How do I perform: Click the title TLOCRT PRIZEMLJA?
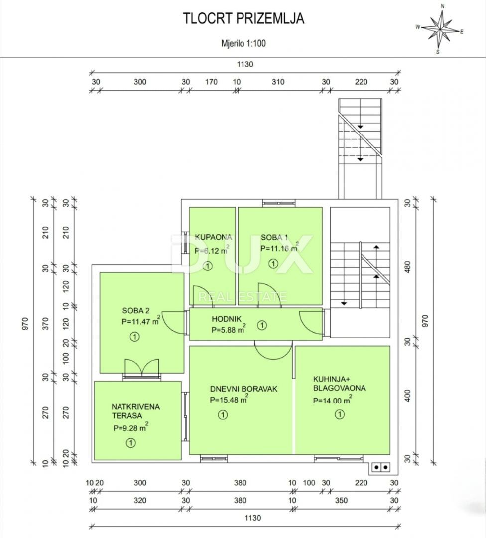pyautogui.click(x=243, y=18)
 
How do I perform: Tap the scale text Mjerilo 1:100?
pyautogui.click(x=243, y=43)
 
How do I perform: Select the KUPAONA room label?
pyautogui.click(x=213, y=237)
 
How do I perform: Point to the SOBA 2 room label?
pyautogui.click(x=136, y=311)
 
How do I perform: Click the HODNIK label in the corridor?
pyautogui.click(x=227, y=319)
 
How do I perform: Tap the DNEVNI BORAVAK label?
pyautogui.click(x=243, y=389)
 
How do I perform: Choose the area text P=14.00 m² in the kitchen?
pyautogui.click(x=332, y=400)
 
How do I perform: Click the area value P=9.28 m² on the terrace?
pyautogui.click(x=130, y=427)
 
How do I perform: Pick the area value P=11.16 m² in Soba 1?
pyautogui.click(x=279, y=247)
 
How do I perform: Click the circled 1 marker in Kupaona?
pyautogui.click(x=207, y=266)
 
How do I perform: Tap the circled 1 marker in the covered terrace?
pyautogui.click(x=130, y=443)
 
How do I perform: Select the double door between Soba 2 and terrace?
pyautogui.click(x=142, y=368)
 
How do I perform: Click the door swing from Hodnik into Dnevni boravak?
pyautogui.click(x=273, y=350)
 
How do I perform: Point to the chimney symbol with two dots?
pyautogui.click(x=381, y=467)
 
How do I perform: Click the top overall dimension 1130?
pyautogui.click(x=245, y=64)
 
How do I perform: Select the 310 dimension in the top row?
pyautogui.click(x=278, y=82)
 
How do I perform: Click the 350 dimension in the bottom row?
pyautogui.click(x=341, y=500)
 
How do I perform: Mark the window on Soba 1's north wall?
pyautogui.click(x=279, y=203)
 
